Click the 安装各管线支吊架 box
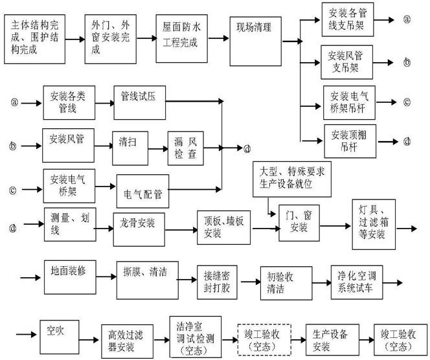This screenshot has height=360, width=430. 350,18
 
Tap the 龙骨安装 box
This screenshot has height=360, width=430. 137,225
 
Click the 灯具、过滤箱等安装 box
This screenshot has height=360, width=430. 372,222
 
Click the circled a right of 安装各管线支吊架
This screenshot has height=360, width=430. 407,19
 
